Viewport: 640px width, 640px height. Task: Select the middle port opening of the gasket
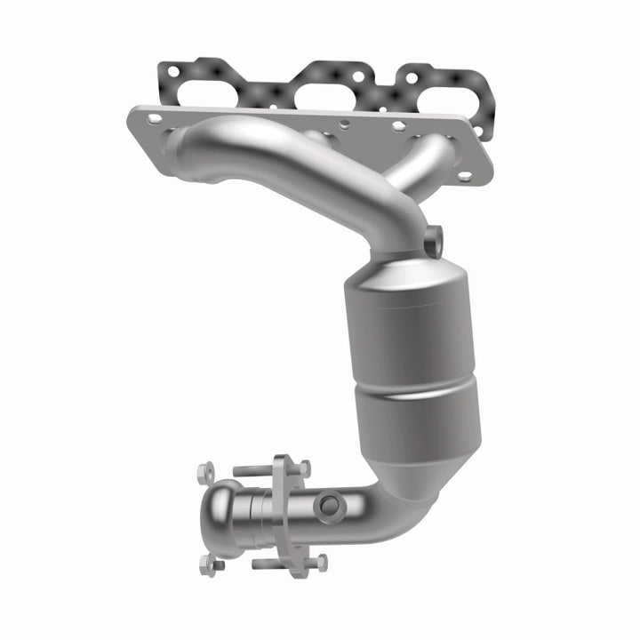330,88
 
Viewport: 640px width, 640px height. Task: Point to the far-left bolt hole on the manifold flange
155,117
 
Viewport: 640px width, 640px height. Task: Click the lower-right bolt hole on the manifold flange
464,175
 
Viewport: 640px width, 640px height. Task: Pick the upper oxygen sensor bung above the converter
434,238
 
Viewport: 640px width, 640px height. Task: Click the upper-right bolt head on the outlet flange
304,467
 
